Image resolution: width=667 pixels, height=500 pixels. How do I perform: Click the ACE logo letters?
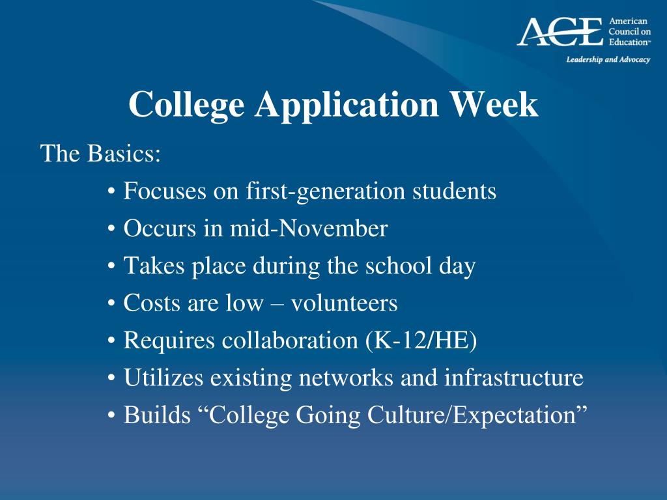(560, 32)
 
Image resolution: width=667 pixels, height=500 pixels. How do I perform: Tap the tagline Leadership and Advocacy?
(608, 60)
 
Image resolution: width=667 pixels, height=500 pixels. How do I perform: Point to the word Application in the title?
(347, 105)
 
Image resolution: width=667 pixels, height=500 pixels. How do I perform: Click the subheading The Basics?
(100, 154)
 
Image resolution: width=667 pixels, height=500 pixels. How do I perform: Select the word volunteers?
(344, 303)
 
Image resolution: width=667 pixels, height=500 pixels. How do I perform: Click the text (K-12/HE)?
(421, 341)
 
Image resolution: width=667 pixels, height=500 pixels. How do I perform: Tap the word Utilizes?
(163, 378)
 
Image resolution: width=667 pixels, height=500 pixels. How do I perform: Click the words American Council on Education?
(629, 32)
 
